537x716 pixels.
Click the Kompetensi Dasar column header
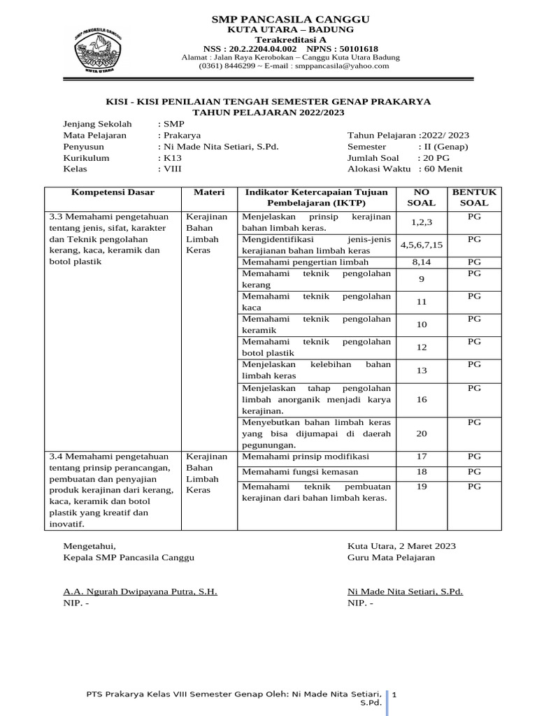point(113,192)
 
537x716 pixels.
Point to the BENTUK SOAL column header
point(474,196)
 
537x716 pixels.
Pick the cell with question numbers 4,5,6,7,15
point(422,245)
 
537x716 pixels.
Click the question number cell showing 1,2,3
point(422,223)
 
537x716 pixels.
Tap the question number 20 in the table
point(422,434)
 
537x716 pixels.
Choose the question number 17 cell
point(422,457)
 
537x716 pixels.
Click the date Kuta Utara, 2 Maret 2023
point(401,546)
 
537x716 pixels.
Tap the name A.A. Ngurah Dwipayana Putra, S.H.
point(140,592)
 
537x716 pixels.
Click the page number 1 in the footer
point(394,695)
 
